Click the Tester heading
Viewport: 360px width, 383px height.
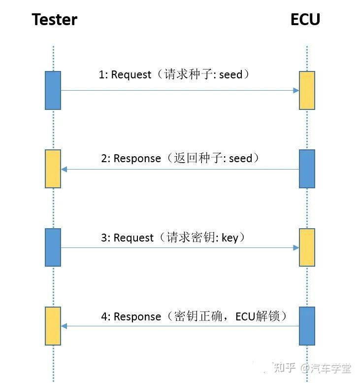click(x=54, y=20)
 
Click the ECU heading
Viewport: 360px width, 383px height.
click(x=305, y=20)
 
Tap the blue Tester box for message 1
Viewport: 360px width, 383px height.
click(x=53, y=90)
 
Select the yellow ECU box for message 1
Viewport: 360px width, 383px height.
click(x=307, y=90)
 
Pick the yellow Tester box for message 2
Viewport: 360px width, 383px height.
click(x=53, y=169)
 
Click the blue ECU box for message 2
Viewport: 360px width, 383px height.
click(x=307, y=169)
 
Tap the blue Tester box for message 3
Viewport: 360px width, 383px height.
click(x=53, y=247)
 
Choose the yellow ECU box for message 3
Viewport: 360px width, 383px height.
click(x=307, y=247)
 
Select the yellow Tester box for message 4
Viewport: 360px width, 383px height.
click(x=53, y=326)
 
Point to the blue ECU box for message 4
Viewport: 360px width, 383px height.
click(x=307, y=326)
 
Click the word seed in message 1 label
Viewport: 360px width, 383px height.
click(x=230, y=75)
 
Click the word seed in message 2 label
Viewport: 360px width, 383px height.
click(x=240, y=159)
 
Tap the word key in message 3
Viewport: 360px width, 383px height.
click(x=229, y=238)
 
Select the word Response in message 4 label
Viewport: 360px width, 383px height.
click(x=137, y=317)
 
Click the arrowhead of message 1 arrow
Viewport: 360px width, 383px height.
click(x=296, y=90)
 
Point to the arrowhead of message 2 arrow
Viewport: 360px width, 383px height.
click(x=64, y=169)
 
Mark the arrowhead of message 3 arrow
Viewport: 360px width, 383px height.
click(x=296, y=247)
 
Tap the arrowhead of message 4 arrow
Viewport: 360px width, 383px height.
click(x=64, y=326)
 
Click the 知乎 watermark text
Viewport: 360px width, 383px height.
click(x=284, y=368)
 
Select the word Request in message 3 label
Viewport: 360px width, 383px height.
click(x=133, y=238)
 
